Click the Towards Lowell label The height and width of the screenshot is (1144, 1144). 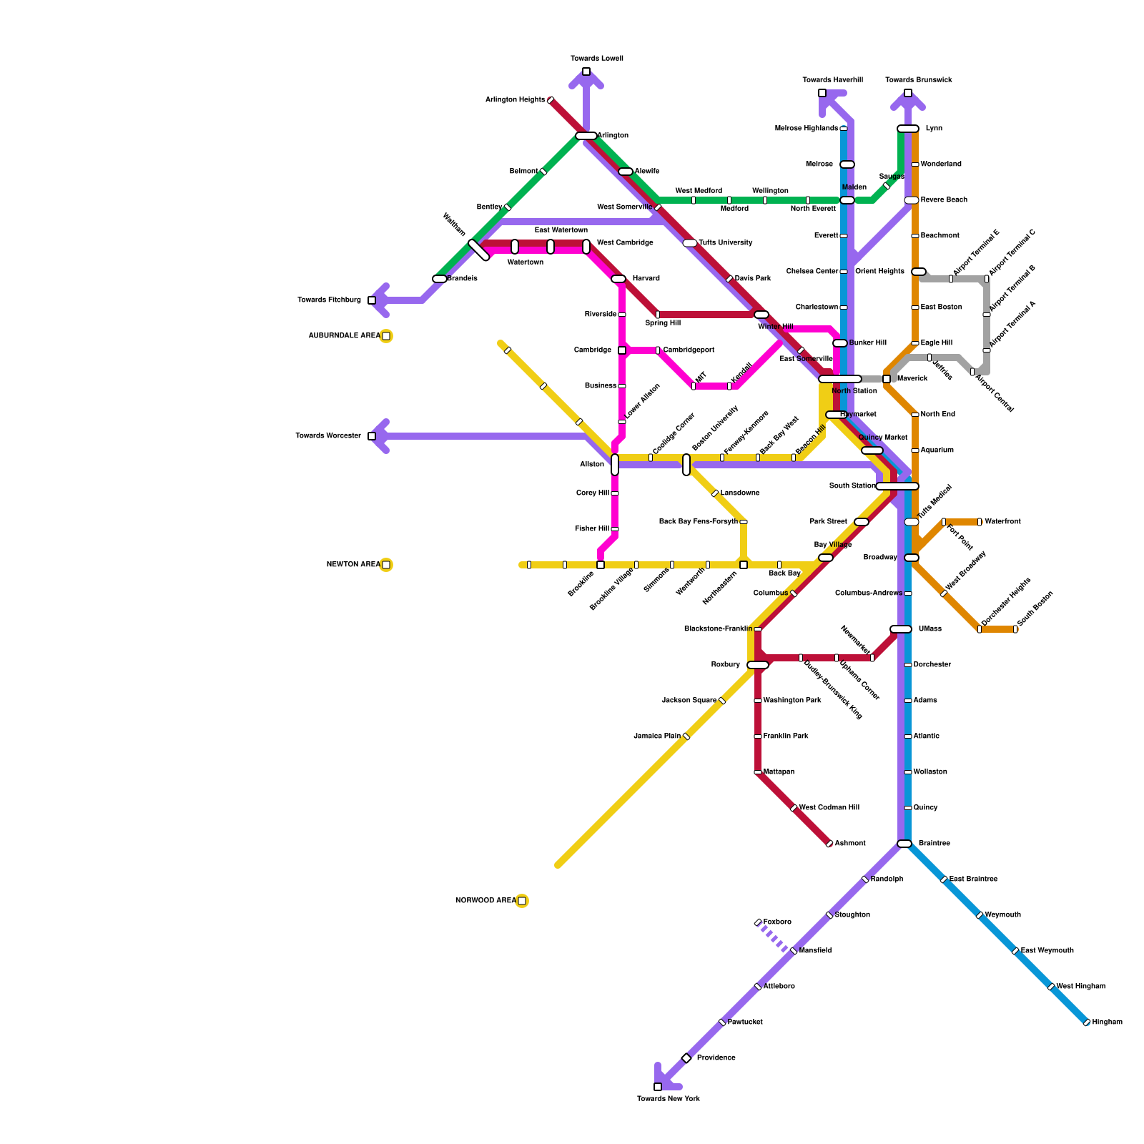pyautogui.click(x=597, y=59)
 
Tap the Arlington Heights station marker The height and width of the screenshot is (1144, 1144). pyautogui.click(x=551, y=100)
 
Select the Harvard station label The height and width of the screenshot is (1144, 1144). pyautogui.click(x=646, y=279)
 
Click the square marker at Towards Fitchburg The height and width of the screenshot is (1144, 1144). pyautogui.click(x=372, y=300)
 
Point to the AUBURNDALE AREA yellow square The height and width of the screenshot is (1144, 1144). pyautogui.click(x=386, y=336)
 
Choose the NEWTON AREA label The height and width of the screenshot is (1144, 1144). pyautogui.click(x=353, y=565)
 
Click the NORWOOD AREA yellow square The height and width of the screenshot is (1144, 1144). pyautogui.click(x=522, y=901)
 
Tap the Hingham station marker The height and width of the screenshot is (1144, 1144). pyautogui.click(x=1087, y=1022)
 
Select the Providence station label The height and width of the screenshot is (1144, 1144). pyautogui.click(x=716, y=1058)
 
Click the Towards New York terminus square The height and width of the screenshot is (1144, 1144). pyautogui.click(x=658, y=1087)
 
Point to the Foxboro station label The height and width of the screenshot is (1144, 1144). pyautogui.click(x=777, y=922)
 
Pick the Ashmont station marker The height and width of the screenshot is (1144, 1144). pyautogui.click(x=829, y=844)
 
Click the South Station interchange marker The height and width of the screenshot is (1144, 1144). pyautogui.click(x=897, y=486)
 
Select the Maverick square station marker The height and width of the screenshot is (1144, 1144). pyautogui.click(x=887, y=379)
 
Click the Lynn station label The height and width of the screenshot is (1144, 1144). pyautogui.click(x=934, y=129)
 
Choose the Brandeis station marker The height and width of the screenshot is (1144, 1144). pyautogui.click(x=440, y=279)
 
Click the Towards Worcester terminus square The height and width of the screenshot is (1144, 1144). pyautogui.click(x=372, y=436)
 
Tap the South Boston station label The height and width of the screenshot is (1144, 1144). pyautogui.click(x=1035, y=609)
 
